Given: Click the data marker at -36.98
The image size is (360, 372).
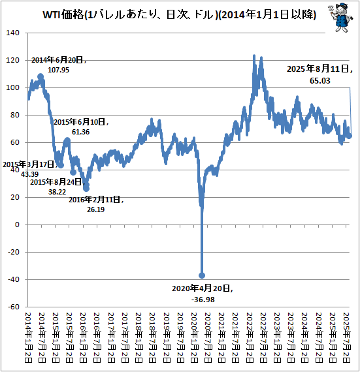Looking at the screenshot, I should coord(202,275).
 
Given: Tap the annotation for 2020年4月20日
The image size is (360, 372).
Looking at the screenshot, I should coord(203,293).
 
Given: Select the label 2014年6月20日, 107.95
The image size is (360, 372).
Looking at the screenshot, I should coord(59,64).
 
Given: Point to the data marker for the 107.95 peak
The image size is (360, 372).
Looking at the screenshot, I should coord(41,77).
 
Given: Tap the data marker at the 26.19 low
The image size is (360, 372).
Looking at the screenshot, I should coord(86,189).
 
